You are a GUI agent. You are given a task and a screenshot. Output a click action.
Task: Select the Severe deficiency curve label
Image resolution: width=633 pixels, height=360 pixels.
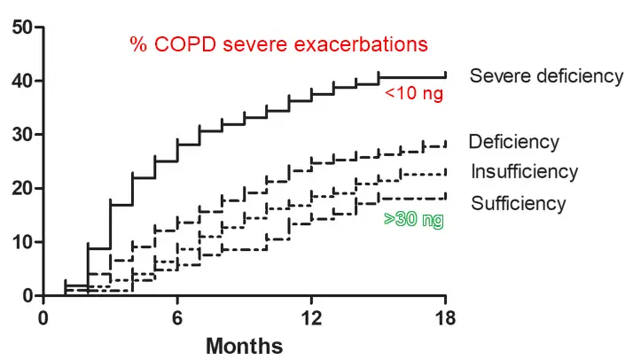click(x=546, y=75)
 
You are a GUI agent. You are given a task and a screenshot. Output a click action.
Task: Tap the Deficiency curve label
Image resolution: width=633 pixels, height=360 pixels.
click(x=513, y=142)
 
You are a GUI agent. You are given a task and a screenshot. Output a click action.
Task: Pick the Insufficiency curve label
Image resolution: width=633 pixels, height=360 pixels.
click(x=524, y=172)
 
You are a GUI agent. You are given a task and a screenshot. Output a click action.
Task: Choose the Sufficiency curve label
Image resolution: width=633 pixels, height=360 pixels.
click(x=518, y=204)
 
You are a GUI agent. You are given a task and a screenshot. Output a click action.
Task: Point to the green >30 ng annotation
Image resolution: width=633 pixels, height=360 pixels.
click(x=413, y=219)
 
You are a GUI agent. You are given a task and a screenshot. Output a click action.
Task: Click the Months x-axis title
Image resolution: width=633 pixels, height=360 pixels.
click(x=245, y=346)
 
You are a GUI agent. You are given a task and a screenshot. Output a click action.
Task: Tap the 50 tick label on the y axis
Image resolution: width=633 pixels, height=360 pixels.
click(x=23, y=27)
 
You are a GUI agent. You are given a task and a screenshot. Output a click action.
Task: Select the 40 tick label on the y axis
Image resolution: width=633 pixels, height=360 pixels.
click(x=23, y=82)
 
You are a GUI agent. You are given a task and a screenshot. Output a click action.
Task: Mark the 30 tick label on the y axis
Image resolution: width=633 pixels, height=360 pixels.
click(x=23, y=135)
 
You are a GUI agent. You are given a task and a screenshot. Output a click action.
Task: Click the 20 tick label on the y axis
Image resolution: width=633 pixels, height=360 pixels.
click(x=23, y=189)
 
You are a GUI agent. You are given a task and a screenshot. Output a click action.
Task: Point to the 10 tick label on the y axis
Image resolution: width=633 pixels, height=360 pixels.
click(x=23, y=242)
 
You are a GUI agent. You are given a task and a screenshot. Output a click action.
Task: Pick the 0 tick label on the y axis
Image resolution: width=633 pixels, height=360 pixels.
click(x=27, y=295)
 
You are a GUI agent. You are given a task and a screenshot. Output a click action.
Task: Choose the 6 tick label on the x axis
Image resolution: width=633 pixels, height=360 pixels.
click(x=178, y=317)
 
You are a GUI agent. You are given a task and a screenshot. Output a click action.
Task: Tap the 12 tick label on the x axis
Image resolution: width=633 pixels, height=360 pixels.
click(x=312, y=317)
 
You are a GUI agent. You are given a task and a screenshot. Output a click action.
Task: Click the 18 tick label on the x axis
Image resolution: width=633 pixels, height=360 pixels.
click(x=446, y=317)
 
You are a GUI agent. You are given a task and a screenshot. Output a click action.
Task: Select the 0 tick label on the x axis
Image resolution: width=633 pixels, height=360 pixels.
click(x=44, y=317)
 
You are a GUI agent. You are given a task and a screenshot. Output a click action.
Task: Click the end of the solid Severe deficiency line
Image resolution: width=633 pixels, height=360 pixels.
click(x=445, y=76)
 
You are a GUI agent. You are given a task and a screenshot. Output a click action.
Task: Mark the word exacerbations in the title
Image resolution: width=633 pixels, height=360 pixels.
click(x=369, y=43)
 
